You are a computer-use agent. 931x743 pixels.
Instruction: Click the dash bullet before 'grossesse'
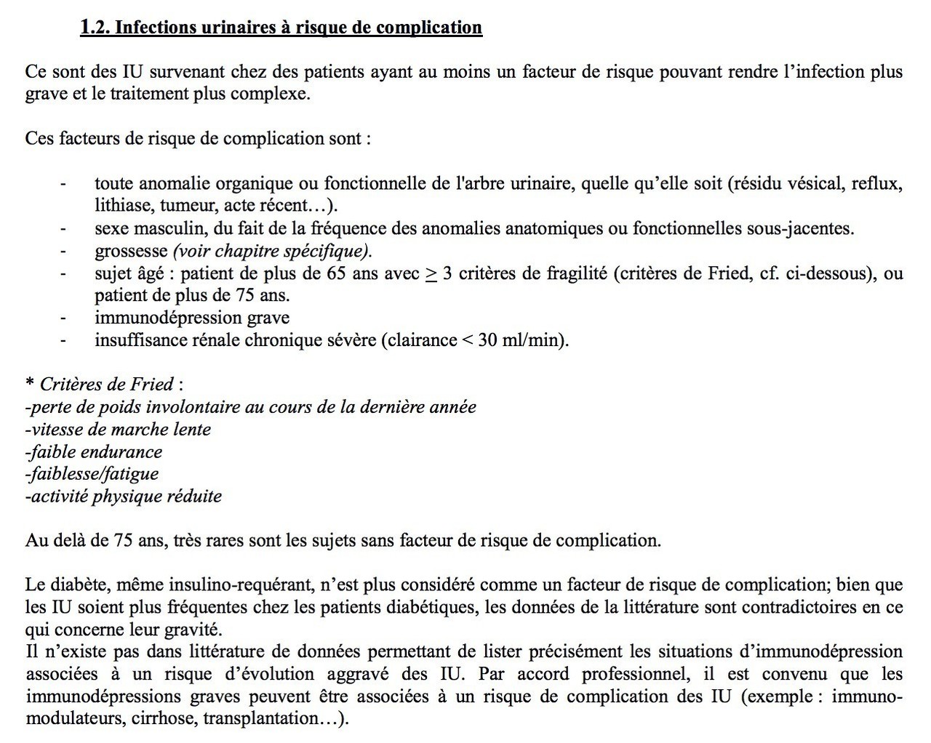pyautogui.click(x=64, y=252)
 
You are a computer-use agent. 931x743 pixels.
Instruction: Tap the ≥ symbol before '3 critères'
pyautogui.click(x=431, y=273)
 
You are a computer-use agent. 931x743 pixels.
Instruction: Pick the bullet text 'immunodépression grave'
pyautogui.click(x=192, y=318)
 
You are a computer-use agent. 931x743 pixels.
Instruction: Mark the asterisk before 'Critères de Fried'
pyautogui.click(x=30, y=385)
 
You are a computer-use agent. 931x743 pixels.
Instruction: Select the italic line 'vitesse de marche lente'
pyautogui.click(x=118, y=429)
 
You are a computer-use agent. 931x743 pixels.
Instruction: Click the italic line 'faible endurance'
pyautogui.click(x=94, y=451)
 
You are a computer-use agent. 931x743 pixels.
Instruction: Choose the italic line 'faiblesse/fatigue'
pyautogui.click(x=92, y=474)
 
